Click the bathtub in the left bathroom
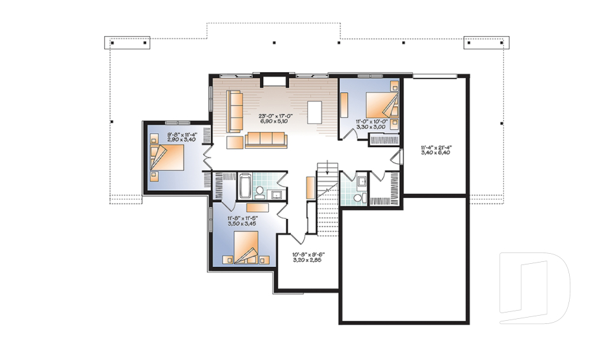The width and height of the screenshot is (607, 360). (x=245, y=186)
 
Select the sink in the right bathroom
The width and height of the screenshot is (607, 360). (x=362, y=181)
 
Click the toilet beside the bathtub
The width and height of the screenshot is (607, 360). (x=259, y=192)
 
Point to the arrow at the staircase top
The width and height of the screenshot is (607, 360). (x=328, y=166)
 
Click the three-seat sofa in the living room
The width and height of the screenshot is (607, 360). (x=266, y=139)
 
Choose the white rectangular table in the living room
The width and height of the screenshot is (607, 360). (x=315, y=112)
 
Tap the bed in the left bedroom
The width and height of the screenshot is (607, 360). (x=167, y=157)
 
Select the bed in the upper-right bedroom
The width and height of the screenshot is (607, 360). (x=382, y=104)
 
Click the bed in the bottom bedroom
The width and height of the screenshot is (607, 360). (x=246, y=247)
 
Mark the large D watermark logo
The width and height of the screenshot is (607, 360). (x=535, y=288)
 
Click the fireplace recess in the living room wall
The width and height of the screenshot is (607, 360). (x=275, y=82)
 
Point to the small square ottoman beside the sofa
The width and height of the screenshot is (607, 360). (x=235, y=142)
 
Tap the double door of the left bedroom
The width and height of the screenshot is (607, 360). (x=207, y=158)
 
